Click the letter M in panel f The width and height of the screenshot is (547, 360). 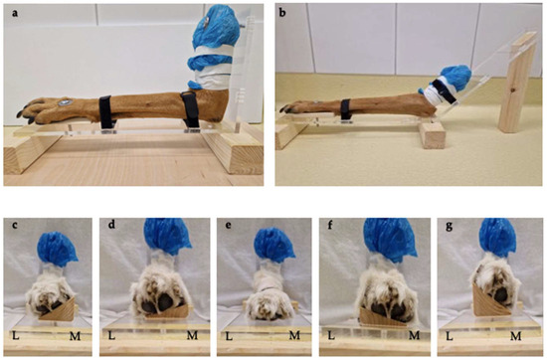coord(412,347)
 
